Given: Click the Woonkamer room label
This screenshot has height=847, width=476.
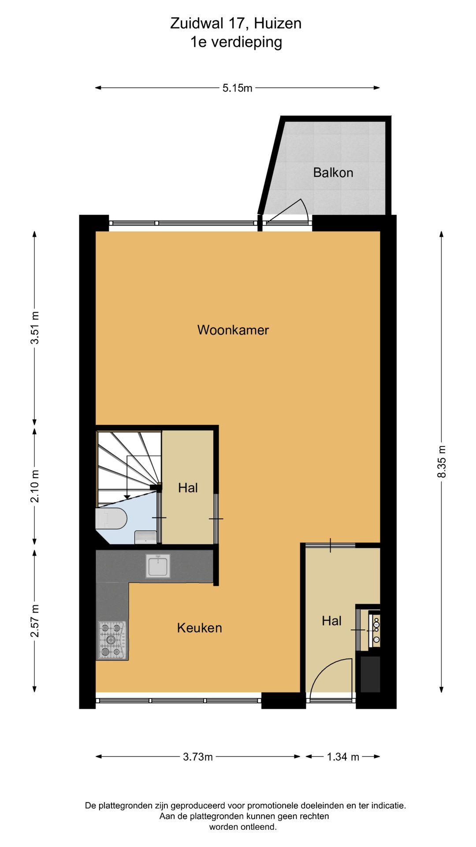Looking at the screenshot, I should [x=233, y=330].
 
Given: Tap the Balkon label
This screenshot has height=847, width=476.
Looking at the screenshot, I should [x=333, y=172].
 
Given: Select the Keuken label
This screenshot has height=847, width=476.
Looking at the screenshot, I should [x=199, y=628].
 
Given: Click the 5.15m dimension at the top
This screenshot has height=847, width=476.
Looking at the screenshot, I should [x=237, y=88].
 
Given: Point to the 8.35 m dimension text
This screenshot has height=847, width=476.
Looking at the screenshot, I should [x=442, y=461].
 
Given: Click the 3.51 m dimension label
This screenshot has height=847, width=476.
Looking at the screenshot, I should [x=35, y=328].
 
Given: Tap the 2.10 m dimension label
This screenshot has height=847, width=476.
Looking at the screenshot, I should [x=35, y=486].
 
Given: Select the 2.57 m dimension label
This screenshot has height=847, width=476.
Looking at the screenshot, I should [x=35, y=621].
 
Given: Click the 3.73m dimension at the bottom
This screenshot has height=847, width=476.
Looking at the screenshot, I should [x=198, y=757].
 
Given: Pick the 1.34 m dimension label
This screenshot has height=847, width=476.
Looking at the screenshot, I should [x=342, y=757].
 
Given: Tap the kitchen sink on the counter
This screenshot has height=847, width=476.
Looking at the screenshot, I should [x=158, y=566].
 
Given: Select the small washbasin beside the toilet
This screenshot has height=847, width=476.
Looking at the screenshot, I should [x=145, y=537].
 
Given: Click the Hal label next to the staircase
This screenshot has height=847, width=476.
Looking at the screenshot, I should [x=188, y=488].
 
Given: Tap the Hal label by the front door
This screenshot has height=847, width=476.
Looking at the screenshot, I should [x=331, y=621].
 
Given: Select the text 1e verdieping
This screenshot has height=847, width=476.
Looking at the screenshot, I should [x=236, y=42].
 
